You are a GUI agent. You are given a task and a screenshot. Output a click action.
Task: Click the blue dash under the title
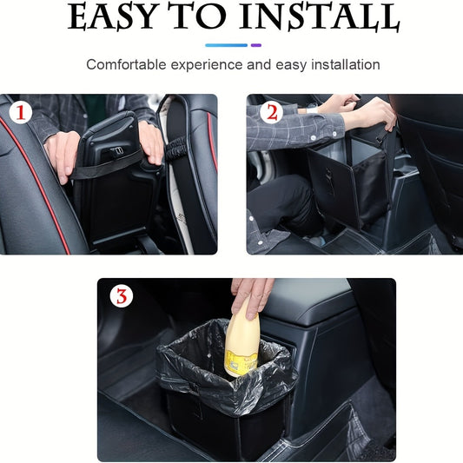click(226, 44)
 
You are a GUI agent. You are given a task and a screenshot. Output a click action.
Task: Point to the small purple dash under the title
click(255, 44)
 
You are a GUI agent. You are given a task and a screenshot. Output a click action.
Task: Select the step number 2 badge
click(269, 112)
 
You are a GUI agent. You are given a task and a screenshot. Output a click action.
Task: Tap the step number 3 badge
click(122, 296)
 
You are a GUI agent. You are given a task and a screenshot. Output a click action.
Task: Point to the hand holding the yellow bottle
click(252, 294)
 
